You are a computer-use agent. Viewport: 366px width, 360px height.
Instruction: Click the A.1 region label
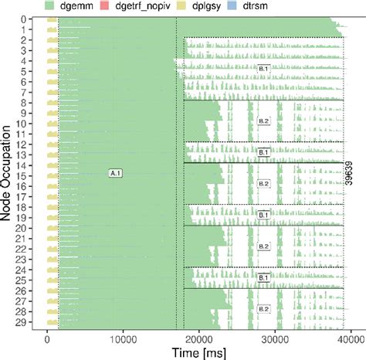tap(117, 174)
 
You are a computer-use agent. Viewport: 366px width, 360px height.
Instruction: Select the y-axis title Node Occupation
tap(7, 174)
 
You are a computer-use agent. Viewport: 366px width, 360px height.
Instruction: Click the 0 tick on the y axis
tap(25, 19)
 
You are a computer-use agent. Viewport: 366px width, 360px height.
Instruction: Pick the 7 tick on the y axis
tap(25, 92)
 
